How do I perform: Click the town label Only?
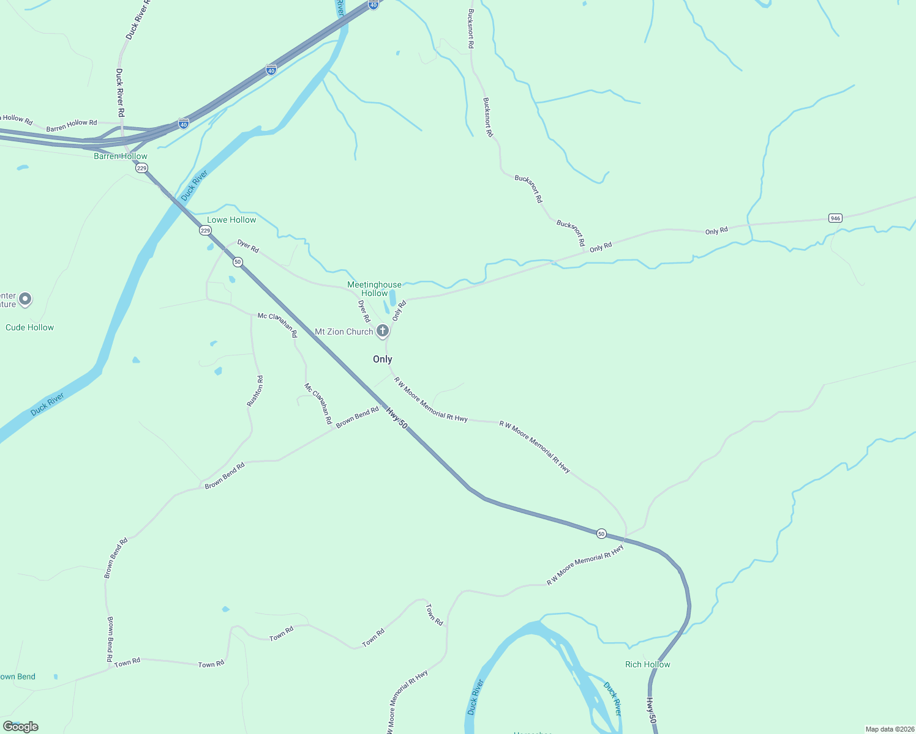coord(383,359)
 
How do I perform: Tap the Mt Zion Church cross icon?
coord(382,332)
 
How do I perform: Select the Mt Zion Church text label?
coord(343,332)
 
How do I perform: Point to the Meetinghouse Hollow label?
coord(374,289)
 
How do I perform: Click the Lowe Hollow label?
coord(231,220)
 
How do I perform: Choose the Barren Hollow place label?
coord(121,156)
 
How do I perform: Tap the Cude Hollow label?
coord(29,327)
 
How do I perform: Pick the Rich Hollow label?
coord(647,664)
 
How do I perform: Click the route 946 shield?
coord(835,218)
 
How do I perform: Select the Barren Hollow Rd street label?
coord(72,125)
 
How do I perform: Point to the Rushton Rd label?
coord(255,391)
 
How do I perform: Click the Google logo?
coord(21,727)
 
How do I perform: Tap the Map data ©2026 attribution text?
coord(889,729)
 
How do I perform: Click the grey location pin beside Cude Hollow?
coord(25,299)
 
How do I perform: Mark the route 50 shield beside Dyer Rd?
coord(238,262)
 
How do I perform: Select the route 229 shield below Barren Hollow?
coord(142,168)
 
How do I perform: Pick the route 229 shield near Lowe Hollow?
coord(206,231)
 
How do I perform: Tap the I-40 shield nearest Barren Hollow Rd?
coord(183,124)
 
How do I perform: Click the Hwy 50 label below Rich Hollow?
coord(651,711)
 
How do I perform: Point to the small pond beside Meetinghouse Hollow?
coord(392,297)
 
